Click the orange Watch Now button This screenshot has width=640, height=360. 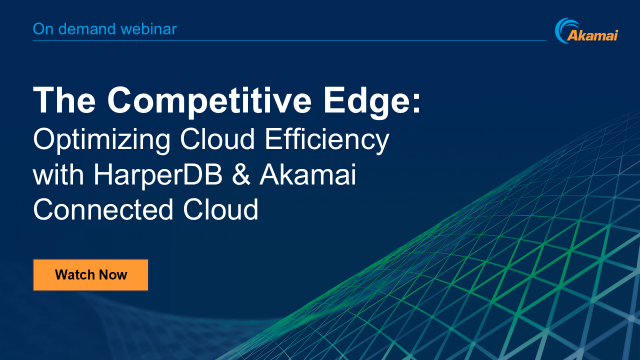click(90, 274)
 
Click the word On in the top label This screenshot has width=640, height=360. click(43, 28)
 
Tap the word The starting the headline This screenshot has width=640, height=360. click(63, 101)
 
